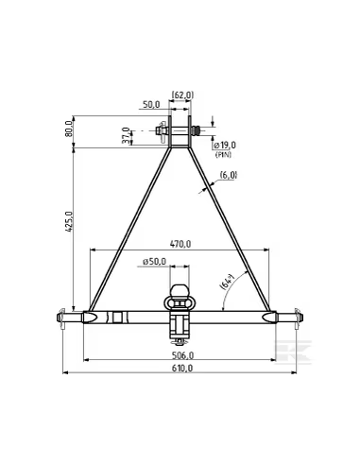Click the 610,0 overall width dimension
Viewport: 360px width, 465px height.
tap(182, 368)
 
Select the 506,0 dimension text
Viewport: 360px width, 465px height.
tap(182, 355)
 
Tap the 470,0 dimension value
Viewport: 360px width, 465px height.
tap(180, 244)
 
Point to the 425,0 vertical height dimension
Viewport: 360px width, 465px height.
tap(70, 222)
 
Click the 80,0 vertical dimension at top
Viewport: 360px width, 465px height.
tap(68, 129)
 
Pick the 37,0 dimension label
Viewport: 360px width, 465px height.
tap(126, 135)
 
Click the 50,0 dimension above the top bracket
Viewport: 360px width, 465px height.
tap(151, 105)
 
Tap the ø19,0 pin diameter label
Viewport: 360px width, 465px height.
tap(225, 146)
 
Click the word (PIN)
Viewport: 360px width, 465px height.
tap(223, 155)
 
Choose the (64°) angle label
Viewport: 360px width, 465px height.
tap(228, 282)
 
